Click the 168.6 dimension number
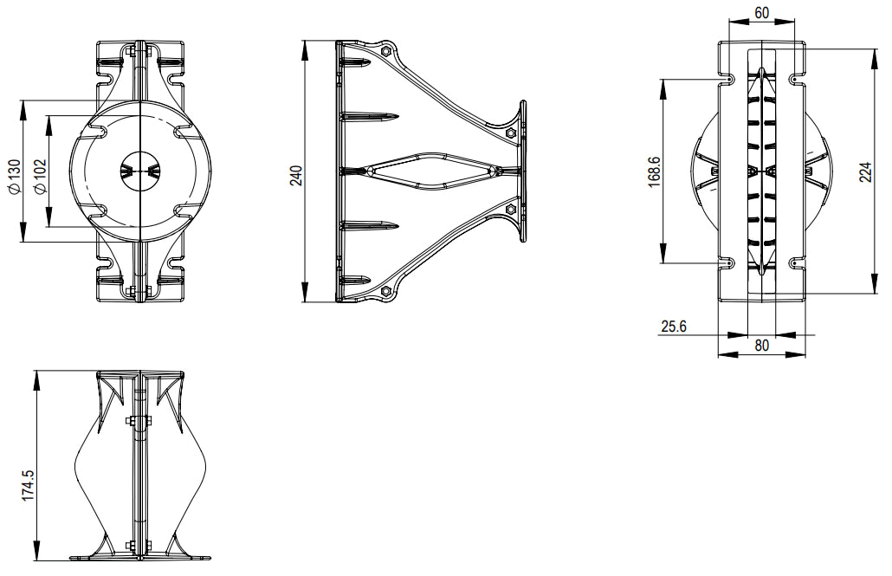(654, 171)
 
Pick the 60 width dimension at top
(762, 12)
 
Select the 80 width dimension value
(762, 345)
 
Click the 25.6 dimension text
(674, 327)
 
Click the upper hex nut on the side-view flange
(510, 133)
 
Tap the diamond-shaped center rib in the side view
(433, 171)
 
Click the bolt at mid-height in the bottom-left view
(139, 422)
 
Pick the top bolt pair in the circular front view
(139, 53)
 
